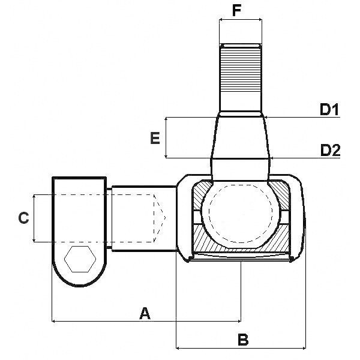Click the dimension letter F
237,10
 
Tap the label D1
329,109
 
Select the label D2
330,150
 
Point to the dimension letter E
155,138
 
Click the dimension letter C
23,218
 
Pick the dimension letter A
145,314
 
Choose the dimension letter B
243,340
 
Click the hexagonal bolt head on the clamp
80,259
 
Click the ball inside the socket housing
241,214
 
